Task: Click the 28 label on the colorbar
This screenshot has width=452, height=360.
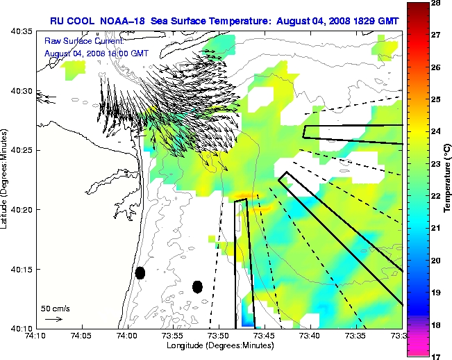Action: (438, 3)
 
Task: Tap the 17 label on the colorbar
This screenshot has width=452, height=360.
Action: (438, 356)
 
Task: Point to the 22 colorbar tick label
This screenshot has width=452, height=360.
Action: (438, 196)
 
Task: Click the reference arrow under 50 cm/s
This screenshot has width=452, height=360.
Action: (53, 319)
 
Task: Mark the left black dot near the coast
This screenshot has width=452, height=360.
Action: (140, 272)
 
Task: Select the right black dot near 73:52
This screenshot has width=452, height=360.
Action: (197, 286)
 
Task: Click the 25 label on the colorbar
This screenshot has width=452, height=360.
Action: (438, 99)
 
